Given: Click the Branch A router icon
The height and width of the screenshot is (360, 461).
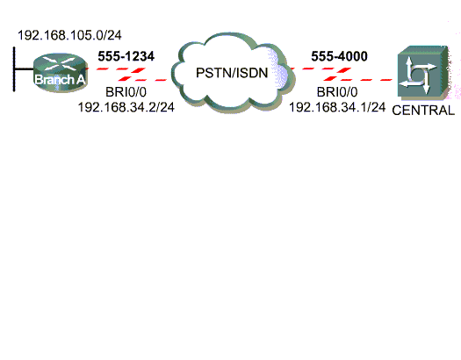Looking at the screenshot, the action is click(x=61, y=73).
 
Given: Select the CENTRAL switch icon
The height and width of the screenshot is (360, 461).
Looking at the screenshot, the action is click(x=422, y=72).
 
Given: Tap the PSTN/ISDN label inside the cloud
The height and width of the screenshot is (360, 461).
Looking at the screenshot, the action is click(x=232, y=73).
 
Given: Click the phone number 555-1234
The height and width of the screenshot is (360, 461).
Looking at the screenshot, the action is click(x=126, y=56).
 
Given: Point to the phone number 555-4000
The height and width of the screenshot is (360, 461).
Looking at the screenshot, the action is click(x=339, y=56).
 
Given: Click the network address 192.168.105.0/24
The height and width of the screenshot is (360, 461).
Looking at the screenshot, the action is click(x=69, y=35).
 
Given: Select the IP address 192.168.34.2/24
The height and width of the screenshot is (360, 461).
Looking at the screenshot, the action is click(x=126, y=107).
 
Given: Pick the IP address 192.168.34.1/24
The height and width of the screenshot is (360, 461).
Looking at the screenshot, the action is click(x=337, y=107).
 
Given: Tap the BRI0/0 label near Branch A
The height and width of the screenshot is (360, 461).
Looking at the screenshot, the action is click(x=126, y=92).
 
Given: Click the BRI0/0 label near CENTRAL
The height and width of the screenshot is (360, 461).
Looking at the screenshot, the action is click(x=337, y=92).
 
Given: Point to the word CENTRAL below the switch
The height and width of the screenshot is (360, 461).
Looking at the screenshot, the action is click(x=423, y=111).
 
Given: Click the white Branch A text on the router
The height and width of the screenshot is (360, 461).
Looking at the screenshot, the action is click(x=60, y=79).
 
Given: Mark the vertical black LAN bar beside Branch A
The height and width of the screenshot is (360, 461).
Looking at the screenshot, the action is click(x=14, y=69).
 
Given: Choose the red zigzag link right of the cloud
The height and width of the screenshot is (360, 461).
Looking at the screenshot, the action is click(x=341, y=74).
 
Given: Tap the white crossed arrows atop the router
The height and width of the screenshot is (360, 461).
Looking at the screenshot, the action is click(x=61, y=63).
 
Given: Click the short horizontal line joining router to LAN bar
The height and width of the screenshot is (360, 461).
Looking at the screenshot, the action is click(x=24, y=69).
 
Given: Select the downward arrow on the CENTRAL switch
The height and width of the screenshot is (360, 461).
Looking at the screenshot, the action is click(x=426, y=83).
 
